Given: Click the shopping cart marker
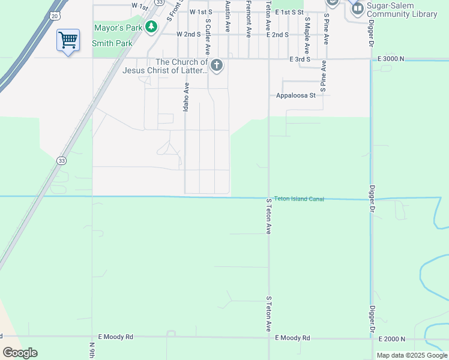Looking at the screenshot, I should (x=68, y=40).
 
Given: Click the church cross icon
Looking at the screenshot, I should (x=216, y=65).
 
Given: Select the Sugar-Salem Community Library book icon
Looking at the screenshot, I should (x=357, y=8).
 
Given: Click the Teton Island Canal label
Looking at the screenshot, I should (x=299, y=199).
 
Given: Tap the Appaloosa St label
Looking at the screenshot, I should (x=296, y=95).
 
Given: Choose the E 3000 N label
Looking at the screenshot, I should (x=391, y=59).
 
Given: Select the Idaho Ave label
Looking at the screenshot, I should (x=186, y=97).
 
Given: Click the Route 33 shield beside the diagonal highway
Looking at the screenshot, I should (x=61, y=160).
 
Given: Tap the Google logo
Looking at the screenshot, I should (x=20, y=352).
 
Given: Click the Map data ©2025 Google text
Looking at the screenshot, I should (x=411, y=355).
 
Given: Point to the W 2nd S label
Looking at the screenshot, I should (x=188, y=35).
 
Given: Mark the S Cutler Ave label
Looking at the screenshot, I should (x=208, y=36).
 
